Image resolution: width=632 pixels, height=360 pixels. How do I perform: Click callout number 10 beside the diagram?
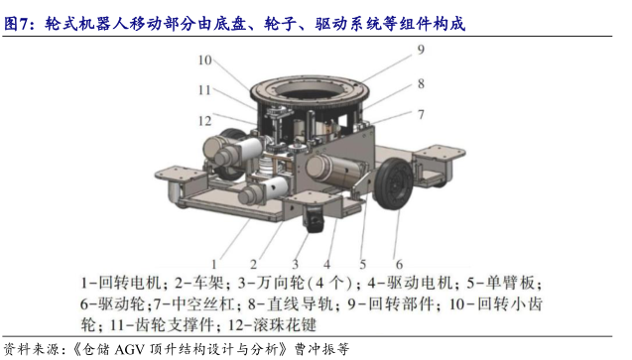tap(204, 60)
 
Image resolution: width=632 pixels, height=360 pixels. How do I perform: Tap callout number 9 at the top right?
tap(421, 50)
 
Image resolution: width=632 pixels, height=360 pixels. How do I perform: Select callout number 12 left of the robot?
tap(204, 121)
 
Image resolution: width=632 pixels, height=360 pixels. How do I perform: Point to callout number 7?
tap(421, 115)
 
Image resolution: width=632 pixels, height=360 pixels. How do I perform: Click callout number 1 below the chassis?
tap(214, 264)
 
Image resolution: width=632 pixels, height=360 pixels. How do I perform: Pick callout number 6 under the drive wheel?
tap(399, 264)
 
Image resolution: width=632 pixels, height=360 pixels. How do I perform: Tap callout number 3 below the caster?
tap(295, 264)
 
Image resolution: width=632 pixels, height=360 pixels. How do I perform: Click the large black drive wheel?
tap(393, 183)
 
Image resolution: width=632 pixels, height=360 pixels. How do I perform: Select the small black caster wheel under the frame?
tap(315, 219)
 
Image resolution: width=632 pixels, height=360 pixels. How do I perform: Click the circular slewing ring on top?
tap(310, 85)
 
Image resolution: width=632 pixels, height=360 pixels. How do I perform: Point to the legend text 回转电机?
tap(130, 283)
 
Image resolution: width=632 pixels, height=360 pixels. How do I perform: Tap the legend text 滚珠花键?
tap(285, 324)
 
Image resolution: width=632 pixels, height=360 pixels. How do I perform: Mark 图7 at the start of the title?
tap(15, 24)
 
